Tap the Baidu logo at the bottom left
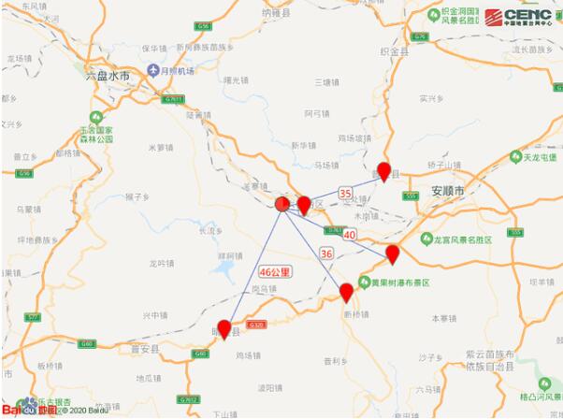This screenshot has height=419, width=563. (x=21, y=409)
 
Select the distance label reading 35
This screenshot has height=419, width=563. (x=346, y=194)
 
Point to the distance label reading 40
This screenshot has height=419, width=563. (x=349, y=234)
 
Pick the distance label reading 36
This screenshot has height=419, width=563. (x=326, y=253)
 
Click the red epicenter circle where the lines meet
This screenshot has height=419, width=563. (x=283, y=203)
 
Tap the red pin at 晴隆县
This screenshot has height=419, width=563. (x=224, y=330)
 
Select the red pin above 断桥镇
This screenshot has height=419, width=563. (x=346, y=292)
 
